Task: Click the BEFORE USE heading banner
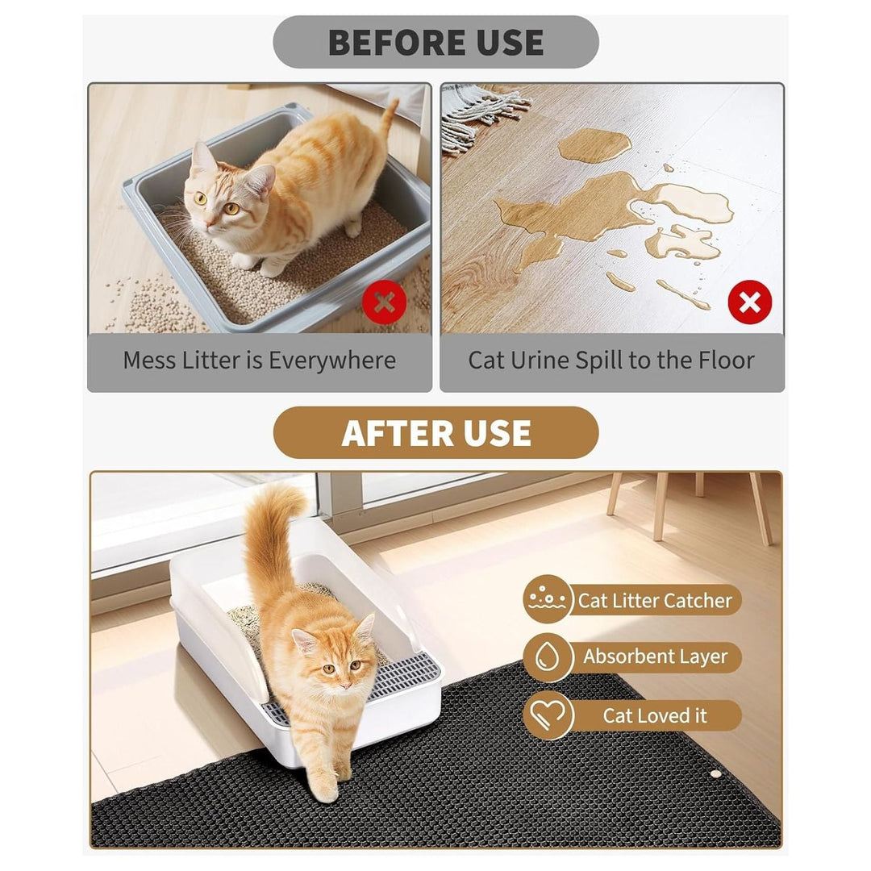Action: click(435, 42)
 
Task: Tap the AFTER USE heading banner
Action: click(435, 433)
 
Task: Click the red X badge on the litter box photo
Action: click(384, 303)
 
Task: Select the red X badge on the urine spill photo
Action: click(749, 302)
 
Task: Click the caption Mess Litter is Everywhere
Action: click(259, 360)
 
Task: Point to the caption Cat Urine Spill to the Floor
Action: click(611, 360)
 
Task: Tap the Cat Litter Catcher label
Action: click(654, 601)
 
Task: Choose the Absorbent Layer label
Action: click(655, 657)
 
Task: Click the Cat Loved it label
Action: click(654, 715)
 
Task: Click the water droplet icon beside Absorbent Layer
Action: click(548, 657)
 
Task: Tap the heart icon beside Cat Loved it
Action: click(548, 715)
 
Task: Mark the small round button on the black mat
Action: click(715, 773)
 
